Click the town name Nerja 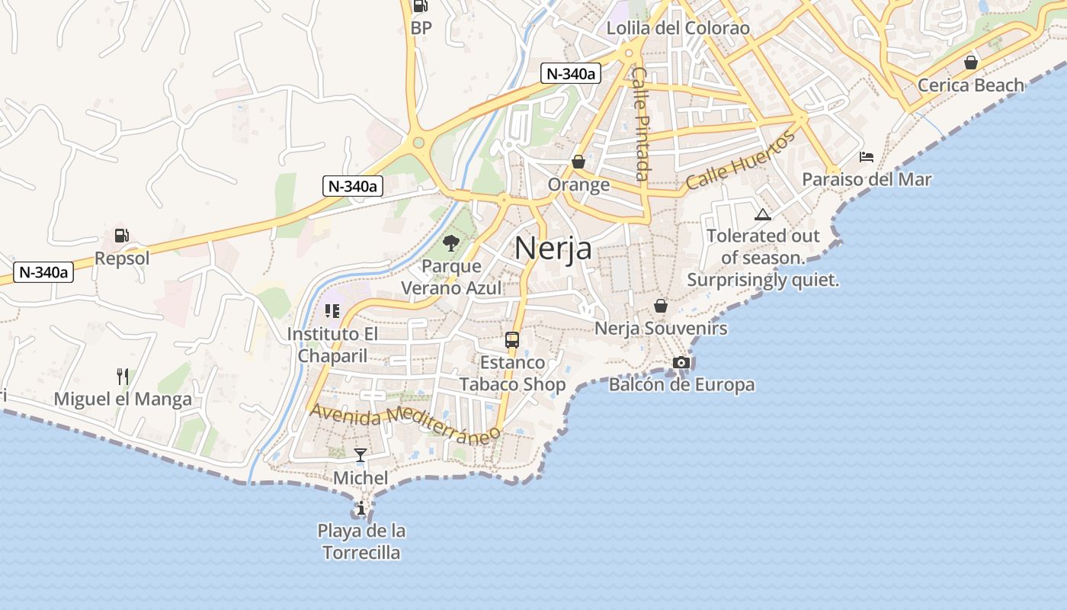tap(553, 248)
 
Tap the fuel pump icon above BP tap(420, 7)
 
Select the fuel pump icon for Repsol tap(122, 236)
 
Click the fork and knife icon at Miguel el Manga tap(122, 376)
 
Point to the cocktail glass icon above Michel tap(360, 455)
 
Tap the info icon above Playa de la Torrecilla tap(360, 508)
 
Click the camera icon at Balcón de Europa tap(681, 362)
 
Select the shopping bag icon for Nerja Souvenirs tap(660, 306)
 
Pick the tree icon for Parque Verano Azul tap(451, 243)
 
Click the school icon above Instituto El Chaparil tap(332, 310)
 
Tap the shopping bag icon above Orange tap(578, 162)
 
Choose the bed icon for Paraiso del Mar tap(867, 157)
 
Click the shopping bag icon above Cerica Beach tap(971, 63)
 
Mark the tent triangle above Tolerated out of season tap(762, 214)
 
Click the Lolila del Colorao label tap(678, 28)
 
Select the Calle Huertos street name tap(740, 161)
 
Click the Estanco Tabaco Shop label tap(512, 373)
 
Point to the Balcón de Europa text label tap(681, 384)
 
